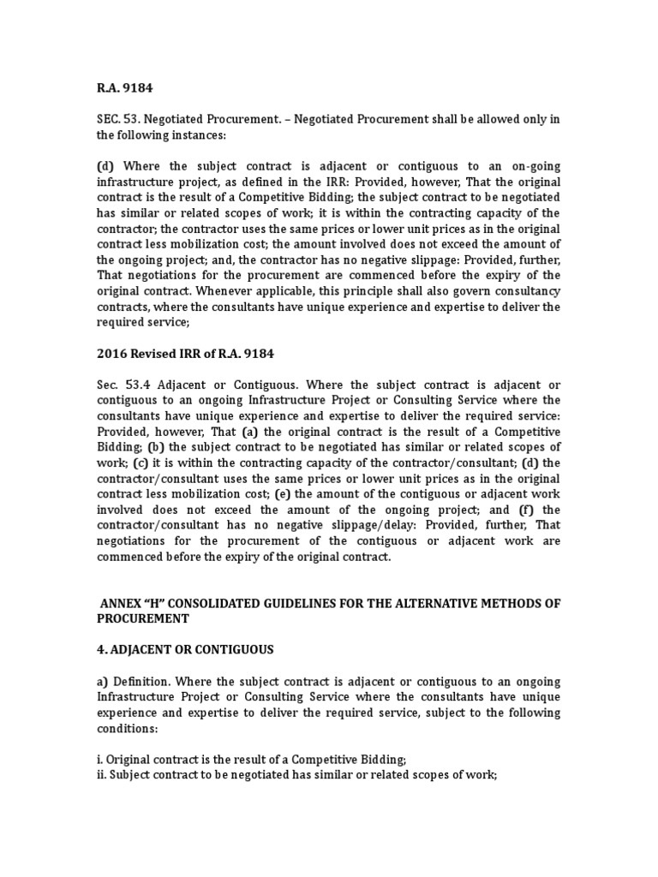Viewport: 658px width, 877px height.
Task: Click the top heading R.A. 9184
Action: click(123, 87)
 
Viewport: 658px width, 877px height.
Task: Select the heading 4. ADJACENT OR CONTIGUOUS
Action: click(184, 650)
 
